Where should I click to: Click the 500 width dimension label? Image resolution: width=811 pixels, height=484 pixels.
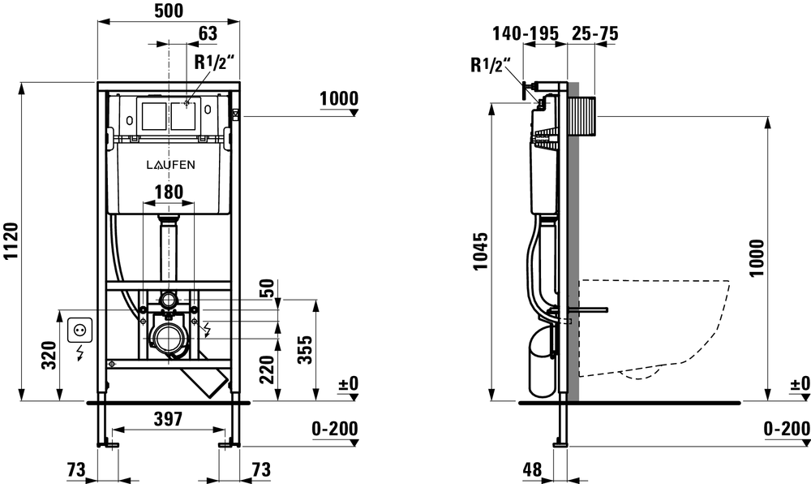click(x=168, y=11)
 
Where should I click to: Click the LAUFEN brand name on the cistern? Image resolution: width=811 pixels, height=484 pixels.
click(x=169, y=164)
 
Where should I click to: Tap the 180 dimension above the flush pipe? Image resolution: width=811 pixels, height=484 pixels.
click(x=168, y=193)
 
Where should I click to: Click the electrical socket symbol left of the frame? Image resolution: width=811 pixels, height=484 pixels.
click(x=80, y=330)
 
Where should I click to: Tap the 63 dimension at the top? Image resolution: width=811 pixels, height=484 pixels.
click(x=208, y=33)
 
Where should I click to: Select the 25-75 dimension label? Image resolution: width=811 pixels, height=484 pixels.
click(x=597, y=33)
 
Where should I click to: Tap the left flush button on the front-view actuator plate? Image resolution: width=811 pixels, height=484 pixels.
click(x=152, y=115)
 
